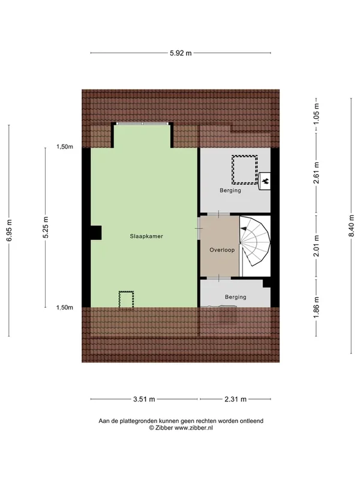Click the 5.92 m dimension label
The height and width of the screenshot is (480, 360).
[180, 53]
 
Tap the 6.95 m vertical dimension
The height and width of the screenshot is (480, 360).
[9, 230]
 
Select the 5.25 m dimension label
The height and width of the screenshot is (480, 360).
[45, 230]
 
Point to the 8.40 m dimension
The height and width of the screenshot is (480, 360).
[350, 230]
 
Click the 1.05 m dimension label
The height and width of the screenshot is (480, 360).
[316, 114]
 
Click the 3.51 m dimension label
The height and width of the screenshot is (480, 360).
[145, 398]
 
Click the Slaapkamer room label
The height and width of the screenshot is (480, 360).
[146, 236]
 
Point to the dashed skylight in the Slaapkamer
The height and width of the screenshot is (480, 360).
[126, 299]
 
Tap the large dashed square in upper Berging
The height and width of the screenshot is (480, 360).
[245, 169]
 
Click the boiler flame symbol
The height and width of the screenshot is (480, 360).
[265, 179]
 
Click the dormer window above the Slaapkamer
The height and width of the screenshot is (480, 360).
[143, 124]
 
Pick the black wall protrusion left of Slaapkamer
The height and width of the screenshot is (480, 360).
[96, 232]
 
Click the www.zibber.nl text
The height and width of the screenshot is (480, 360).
[194, 428]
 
